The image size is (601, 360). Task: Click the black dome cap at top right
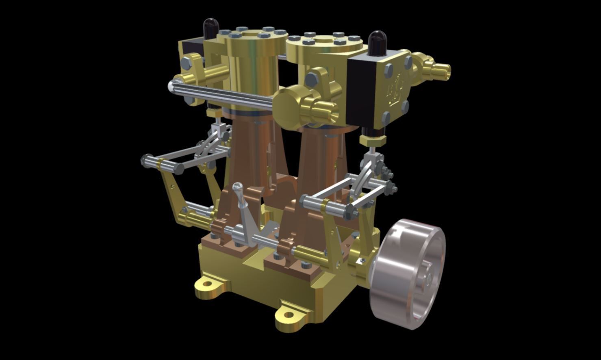click(x=378, y=42)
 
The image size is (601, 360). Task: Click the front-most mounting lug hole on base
click(x=288, y=315)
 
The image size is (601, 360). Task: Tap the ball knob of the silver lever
click(x=238, y=187)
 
